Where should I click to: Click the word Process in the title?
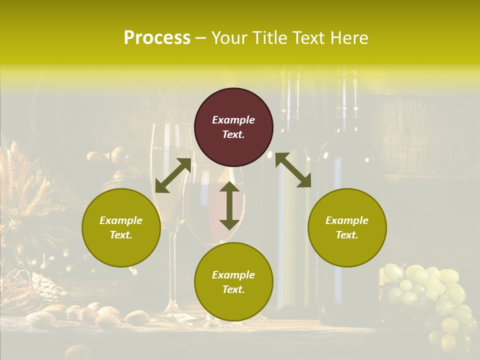pyautogui.click(x=157, y=38)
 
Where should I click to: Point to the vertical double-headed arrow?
pyautogui.click(x=229, y=205)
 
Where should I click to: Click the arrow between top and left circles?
pyautogui.click(x=173, y=175)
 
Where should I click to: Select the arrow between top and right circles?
pyautogui.click(x=293, y=170)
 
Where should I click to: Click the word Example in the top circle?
pyautogui.click(x=233, y=120)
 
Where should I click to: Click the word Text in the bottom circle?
pyautogui.click(x=232, y=289)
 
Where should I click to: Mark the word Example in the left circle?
pyautogui.click(x=121, y=220)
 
